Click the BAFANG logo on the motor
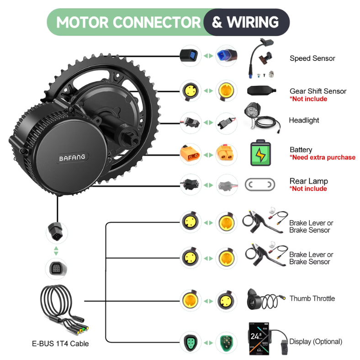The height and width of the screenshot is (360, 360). click(x=72, y=158)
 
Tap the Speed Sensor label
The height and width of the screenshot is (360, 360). click(x=312, y=58)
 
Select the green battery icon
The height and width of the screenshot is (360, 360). click(x=260, y=153)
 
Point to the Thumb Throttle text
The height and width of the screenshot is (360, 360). click(x=312, y=298)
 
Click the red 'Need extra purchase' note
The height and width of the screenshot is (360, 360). click(x=322, y=158)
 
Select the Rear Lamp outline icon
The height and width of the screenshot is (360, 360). click(x=260, y=185)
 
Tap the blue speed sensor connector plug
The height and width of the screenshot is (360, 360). click(x=226, y=55)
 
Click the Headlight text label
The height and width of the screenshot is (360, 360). click(x=304, y=121)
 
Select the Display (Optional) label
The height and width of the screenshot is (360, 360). click(x=315, y=341)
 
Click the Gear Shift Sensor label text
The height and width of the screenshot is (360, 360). click(x=318, y=91)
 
